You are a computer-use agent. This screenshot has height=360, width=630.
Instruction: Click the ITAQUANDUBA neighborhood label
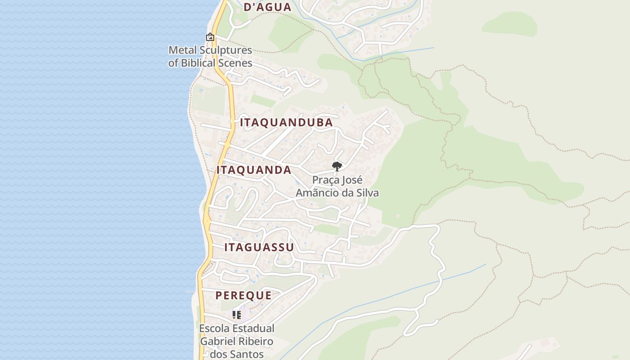(x=286, y=122)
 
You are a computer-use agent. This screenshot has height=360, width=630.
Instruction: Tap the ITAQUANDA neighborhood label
(x=254, y=170)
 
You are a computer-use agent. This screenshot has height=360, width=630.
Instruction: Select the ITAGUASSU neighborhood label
(x=259, y=247)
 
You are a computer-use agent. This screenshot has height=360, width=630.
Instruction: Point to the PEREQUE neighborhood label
(x=243, y=296)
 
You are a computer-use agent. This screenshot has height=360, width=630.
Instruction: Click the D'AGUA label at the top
(x=267, y=7)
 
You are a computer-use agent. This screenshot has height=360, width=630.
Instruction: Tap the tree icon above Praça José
(x=337, y=166)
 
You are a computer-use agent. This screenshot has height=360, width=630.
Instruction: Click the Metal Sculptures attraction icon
(x=210, y=37)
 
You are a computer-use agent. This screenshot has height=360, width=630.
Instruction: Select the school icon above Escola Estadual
(x=236, y=315)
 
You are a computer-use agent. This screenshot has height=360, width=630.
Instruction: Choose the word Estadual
(x=252, y=329)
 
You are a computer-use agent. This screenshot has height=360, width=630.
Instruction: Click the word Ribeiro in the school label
(x=256, y=342)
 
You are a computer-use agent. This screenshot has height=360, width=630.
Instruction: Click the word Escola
(x=213, y=329)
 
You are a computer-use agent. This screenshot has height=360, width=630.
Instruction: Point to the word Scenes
(x=235, y=63)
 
